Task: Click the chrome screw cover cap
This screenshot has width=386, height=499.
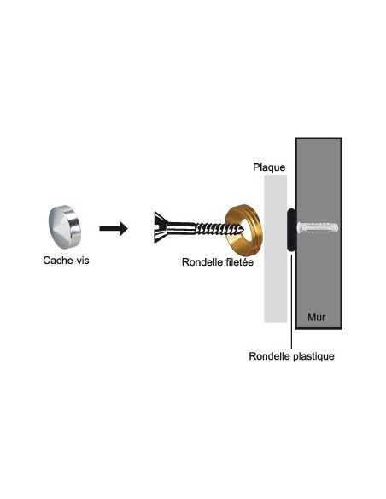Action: coord(65,226)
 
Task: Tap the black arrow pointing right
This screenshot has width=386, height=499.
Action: coord(114,228)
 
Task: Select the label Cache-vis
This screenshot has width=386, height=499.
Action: coord(66,261)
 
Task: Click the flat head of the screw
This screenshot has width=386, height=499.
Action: coord(161,227)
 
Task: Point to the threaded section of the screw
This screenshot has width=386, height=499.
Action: coord(219,228)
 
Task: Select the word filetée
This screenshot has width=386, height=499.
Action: coord(238,262)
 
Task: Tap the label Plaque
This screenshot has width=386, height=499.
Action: coord(269,167)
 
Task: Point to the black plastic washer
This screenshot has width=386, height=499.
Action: coord(292,230)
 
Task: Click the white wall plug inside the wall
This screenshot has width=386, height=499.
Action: coord(318,228)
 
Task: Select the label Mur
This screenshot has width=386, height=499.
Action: coord(316,317)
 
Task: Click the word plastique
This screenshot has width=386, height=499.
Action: coord(313,356)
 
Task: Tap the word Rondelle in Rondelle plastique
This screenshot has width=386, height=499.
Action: coord(270,356)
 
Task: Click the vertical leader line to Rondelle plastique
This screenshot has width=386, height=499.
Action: coord(291,300)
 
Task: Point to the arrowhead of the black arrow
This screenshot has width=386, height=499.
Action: coord(124,228)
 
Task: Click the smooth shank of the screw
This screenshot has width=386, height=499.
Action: coord(181,228)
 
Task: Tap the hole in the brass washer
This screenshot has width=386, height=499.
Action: coord(241,227)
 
